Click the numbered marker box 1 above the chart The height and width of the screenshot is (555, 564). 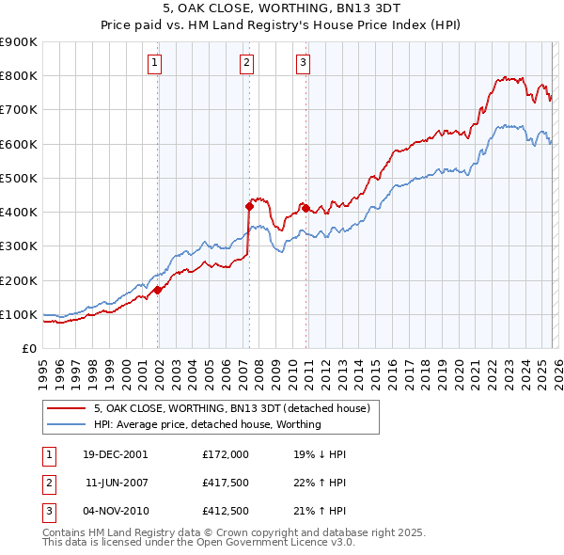(x=154, y=63)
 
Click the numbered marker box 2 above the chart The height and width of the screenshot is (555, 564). (x=246, y=63)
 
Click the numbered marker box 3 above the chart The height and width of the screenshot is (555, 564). (x=304, y=63)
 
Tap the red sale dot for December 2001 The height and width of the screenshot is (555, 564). (x=158, y=290)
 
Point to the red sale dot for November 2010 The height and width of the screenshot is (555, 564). (x=306, y=207)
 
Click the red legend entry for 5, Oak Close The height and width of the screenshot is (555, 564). (x=232, y=408)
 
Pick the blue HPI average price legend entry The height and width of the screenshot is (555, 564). (x=207, y=424)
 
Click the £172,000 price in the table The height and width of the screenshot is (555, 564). (x=226, y=454)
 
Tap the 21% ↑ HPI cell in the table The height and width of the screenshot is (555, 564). (x=320, y=511)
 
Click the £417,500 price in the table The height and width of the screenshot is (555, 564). (x=226, y=483)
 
